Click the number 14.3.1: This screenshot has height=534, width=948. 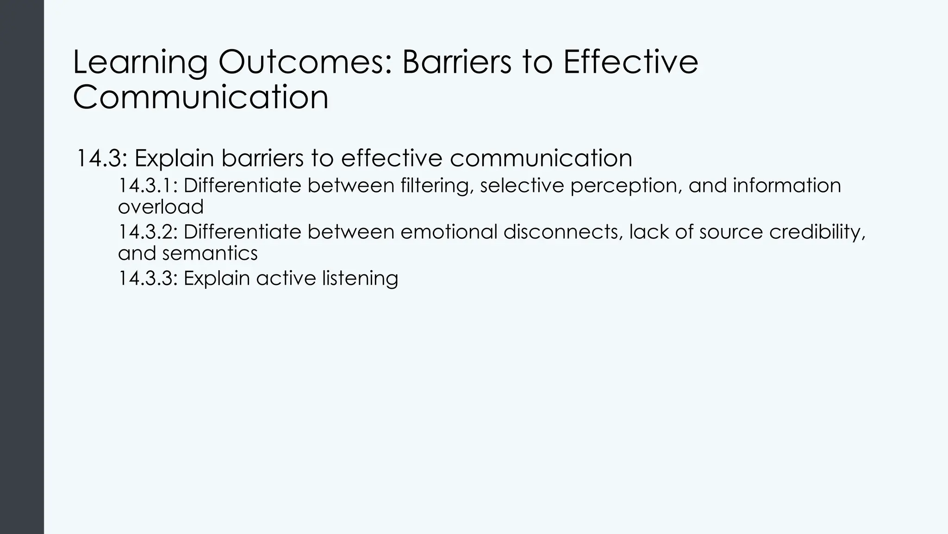[x=148, y=185]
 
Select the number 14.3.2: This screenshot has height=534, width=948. [x=148, y=232]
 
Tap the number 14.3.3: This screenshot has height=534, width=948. [x=148, y=278]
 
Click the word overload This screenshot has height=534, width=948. [x=161, y=207]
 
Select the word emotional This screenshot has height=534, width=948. [x=449, y=232]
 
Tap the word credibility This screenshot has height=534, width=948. [x=817, y=232]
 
